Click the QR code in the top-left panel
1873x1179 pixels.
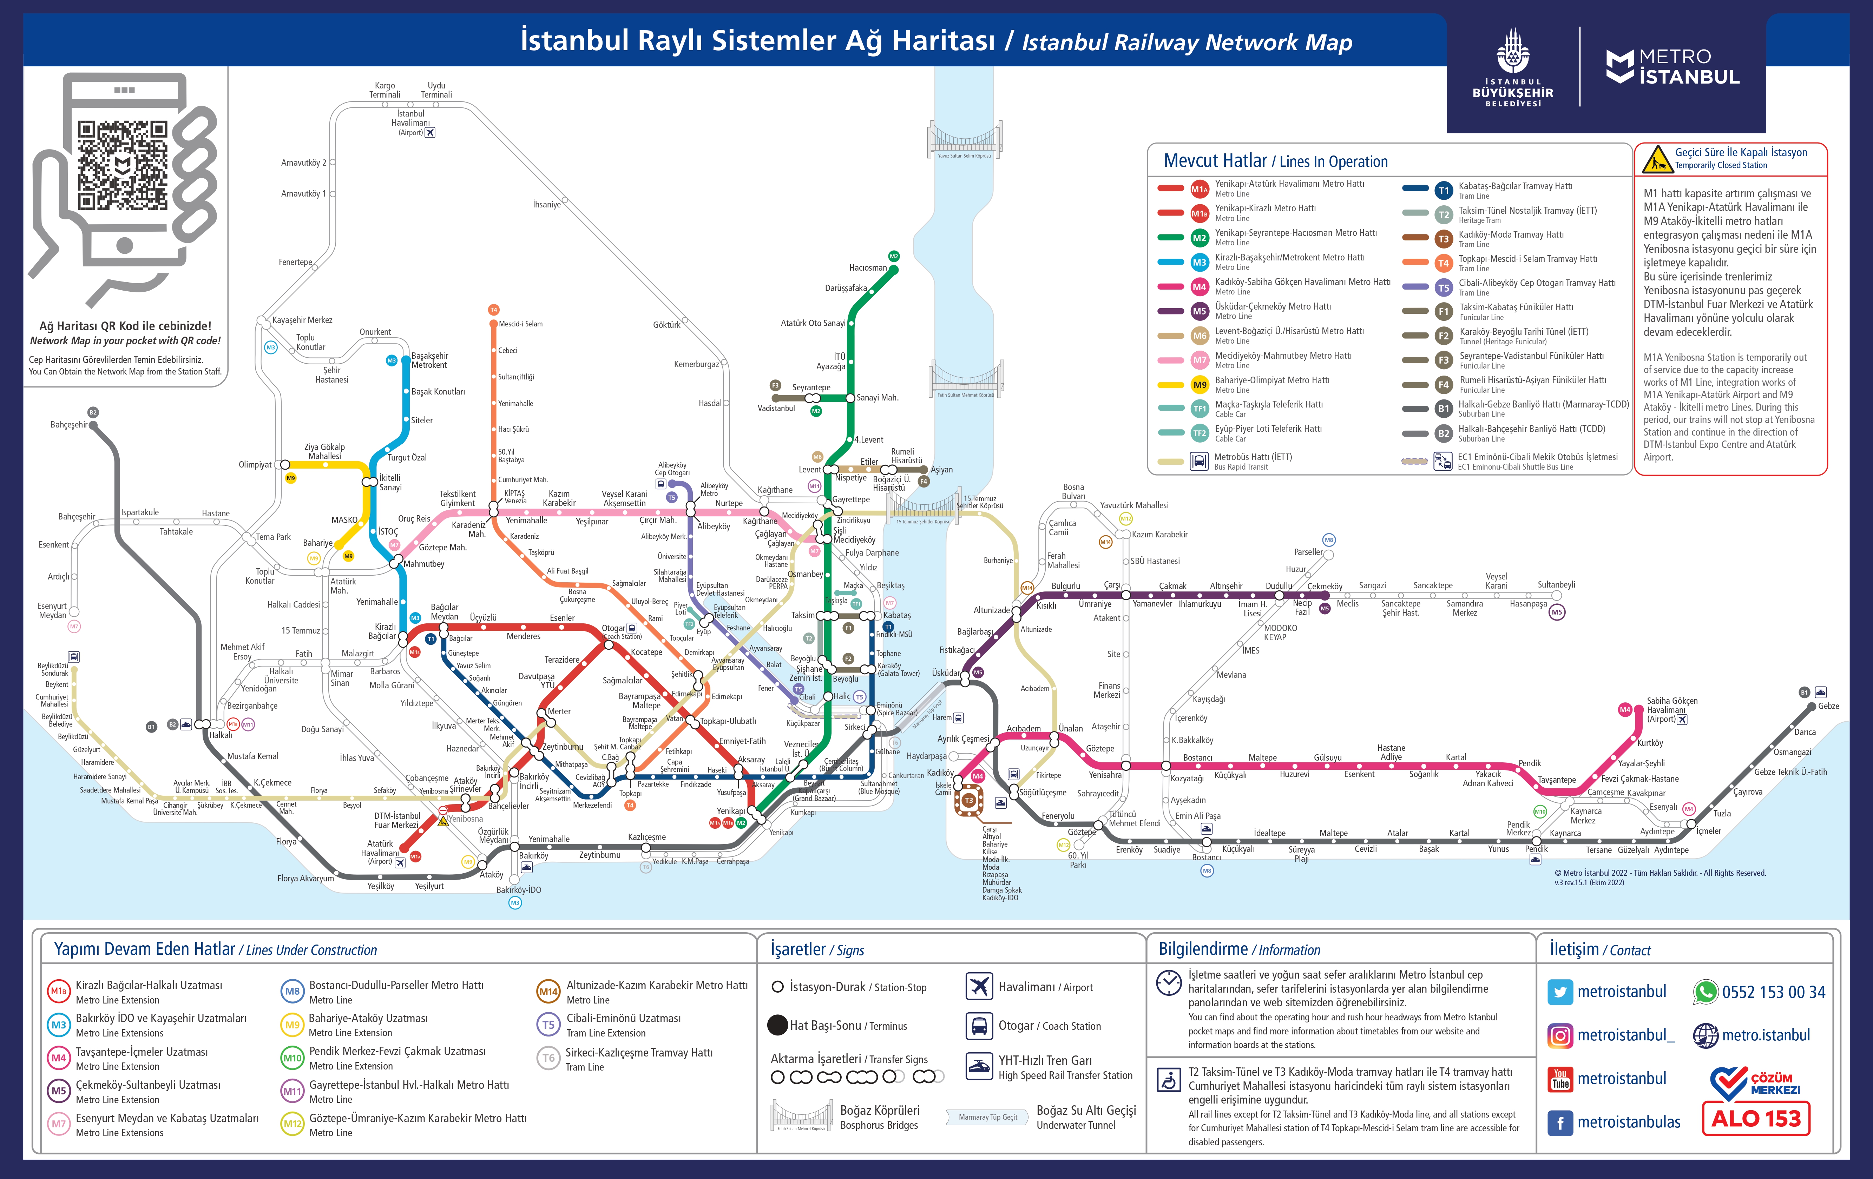[x=122, y=165]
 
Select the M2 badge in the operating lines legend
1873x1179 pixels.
[x=1198, y=238]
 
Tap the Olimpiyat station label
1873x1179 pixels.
[x=254, y=465]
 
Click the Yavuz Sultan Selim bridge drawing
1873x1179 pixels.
[x=964, y=140]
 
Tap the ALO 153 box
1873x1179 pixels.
[x=1756, y=1118]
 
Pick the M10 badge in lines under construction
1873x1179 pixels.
[x=292, y=1058]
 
